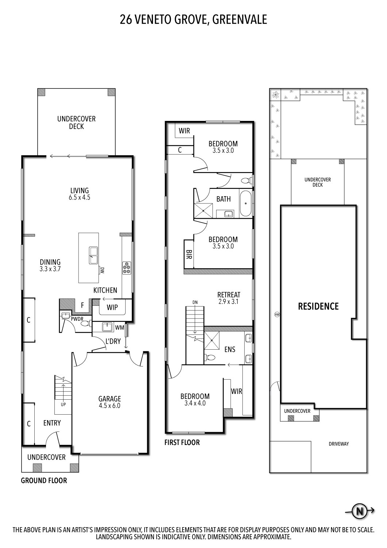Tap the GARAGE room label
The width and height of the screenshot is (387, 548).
[110, 399]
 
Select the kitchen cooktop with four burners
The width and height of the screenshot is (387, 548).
[126, 268]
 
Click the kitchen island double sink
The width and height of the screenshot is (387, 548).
[93, 255]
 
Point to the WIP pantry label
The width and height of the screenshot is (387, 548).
[112, 308]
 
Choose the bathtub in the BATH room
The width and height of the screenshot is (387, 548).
[246, 203]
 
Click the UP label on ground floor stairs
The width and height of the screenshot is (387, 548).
[63, 404]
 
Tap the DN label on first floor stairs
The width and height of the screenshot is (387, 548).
[195, 302]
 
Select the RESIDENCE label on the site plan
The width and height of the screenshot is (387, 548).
[318, 306]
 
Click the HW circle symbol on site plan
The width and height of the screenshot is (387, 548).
[276, 314]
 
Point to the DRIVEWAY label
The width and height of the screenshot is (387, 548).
[338, 444]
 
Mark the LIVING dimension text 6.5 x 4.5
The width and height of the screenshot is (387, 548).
[80, 197]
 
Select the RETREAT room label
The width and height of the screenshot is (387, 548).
[229, 294]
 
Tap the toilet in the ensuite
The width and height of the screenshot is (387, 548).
[210, 358]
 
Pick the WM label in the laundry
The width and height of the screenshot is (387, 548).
[119, 328]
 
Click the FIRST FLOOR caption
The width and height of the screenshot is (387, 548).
[182, 442]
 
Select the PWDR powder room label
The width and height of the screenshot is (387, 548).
[77, 319]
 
